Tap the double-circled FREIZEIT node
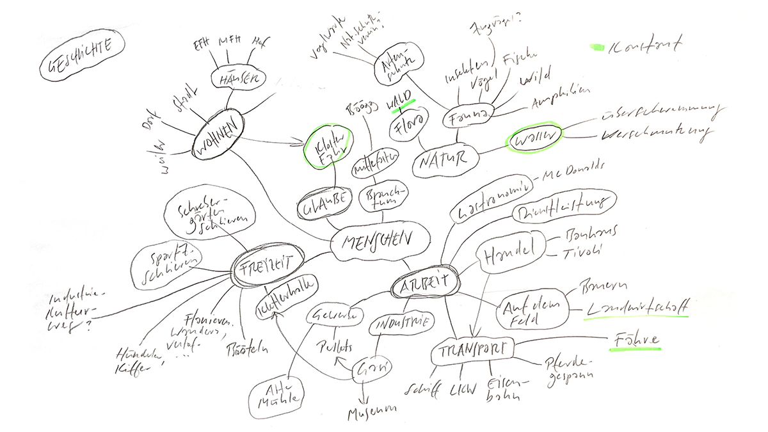click(x=267, y=263)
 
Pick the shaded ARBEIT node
click(x=424, y=283)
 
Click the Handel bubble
click(x=511, y=253)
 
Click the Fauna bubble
click(x=469, y=115)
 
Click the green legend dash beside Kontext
click(x=596, y=47)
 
